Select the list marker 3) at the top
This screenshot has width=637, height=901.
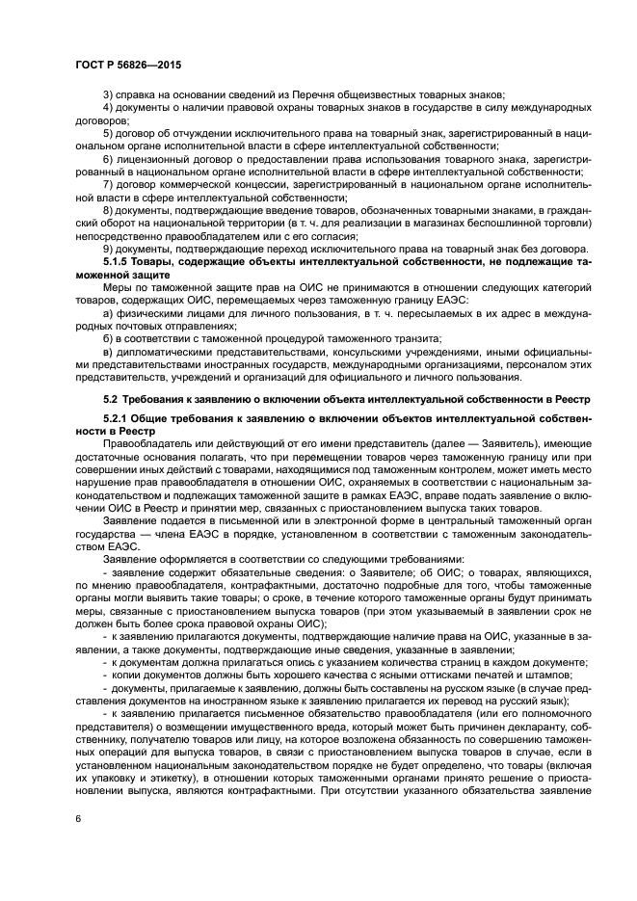tap(108, 94)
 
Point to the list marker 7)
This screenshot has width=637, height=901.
tap(108, 182)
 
